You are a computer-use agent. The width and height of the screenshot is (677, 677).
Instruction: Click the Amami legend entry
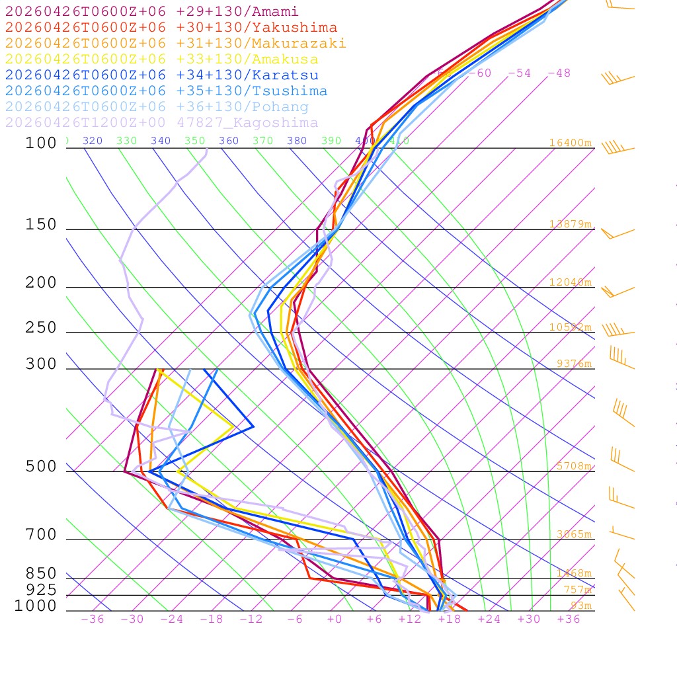coord(152,12)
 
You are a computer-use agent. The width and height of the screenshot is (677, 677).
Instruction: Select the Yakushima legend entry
coord(171,28)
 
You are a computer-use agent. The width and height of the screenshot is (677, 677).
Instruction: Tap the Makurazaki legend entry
coord(175,44)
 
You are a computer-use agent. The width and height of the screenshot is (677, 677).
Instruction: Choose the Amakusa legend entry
coord(162,60)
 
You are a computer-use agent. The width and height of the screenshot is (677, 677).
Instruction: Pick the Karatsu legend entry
coord(162,75)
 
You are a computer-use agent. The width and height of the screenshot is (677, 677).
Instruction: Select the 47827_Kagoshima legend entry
coord(162,123)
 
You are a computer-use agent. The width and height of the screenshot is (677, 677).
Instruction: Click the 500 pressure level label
coord(41,467)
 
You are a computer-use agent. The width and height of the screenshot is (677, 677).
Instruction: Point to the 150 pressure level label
coord(41,225)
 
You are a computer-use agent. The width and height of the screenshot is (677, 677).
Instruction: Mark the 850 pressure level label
coord(41,574)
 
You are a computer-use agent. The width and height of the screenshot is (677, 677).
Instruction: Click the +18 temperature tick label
coord(449,619)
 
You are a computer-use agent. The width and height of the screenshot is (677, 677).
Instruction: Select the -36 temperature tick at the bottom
coord(92,619)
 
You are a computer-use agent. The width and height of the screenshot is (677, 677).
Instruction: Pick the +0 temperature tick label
coord(334,619)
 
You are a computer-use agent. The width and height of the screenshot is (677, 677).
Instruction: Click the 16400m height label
coord(570,143)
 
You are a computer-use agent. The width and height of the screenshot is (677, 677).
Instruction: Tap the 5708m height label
coord(573,466)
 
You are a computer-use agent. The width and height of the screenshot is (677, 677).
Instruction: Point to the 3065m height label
coord(573,534)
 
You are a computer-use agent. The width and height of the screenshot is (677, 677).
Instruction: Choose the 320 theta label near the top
coord(93,141)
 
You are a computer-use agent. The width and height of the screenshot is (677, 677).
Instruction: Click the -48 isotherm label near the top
coord(559,73)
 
